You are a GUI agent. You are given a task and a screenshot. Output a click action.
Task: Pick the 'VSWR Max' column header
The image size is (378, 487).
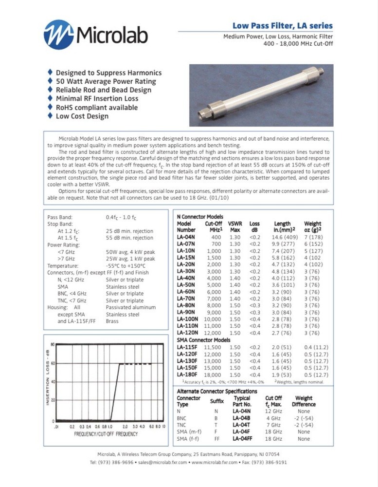pyautogui.click(x=234, y=226)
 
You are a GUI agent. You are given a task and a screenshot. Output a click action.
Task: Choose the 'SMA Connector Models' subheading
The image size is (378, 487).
pyautogui.click(x=203, y=340)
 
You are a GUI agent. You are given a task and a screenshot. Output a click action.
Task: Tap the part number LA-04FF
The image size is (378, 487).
pyautogui.click(x=243, y=439)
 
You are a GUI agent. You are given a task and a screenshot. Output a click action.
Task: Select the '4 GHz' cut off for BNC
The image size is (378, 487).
pyautogui.click(x=273, y=418)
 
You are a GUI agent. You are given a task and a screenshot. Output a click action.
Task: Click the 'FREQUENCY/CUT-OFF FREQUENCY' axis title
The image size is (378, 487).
pyautogui.click(x=106, y=434)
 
